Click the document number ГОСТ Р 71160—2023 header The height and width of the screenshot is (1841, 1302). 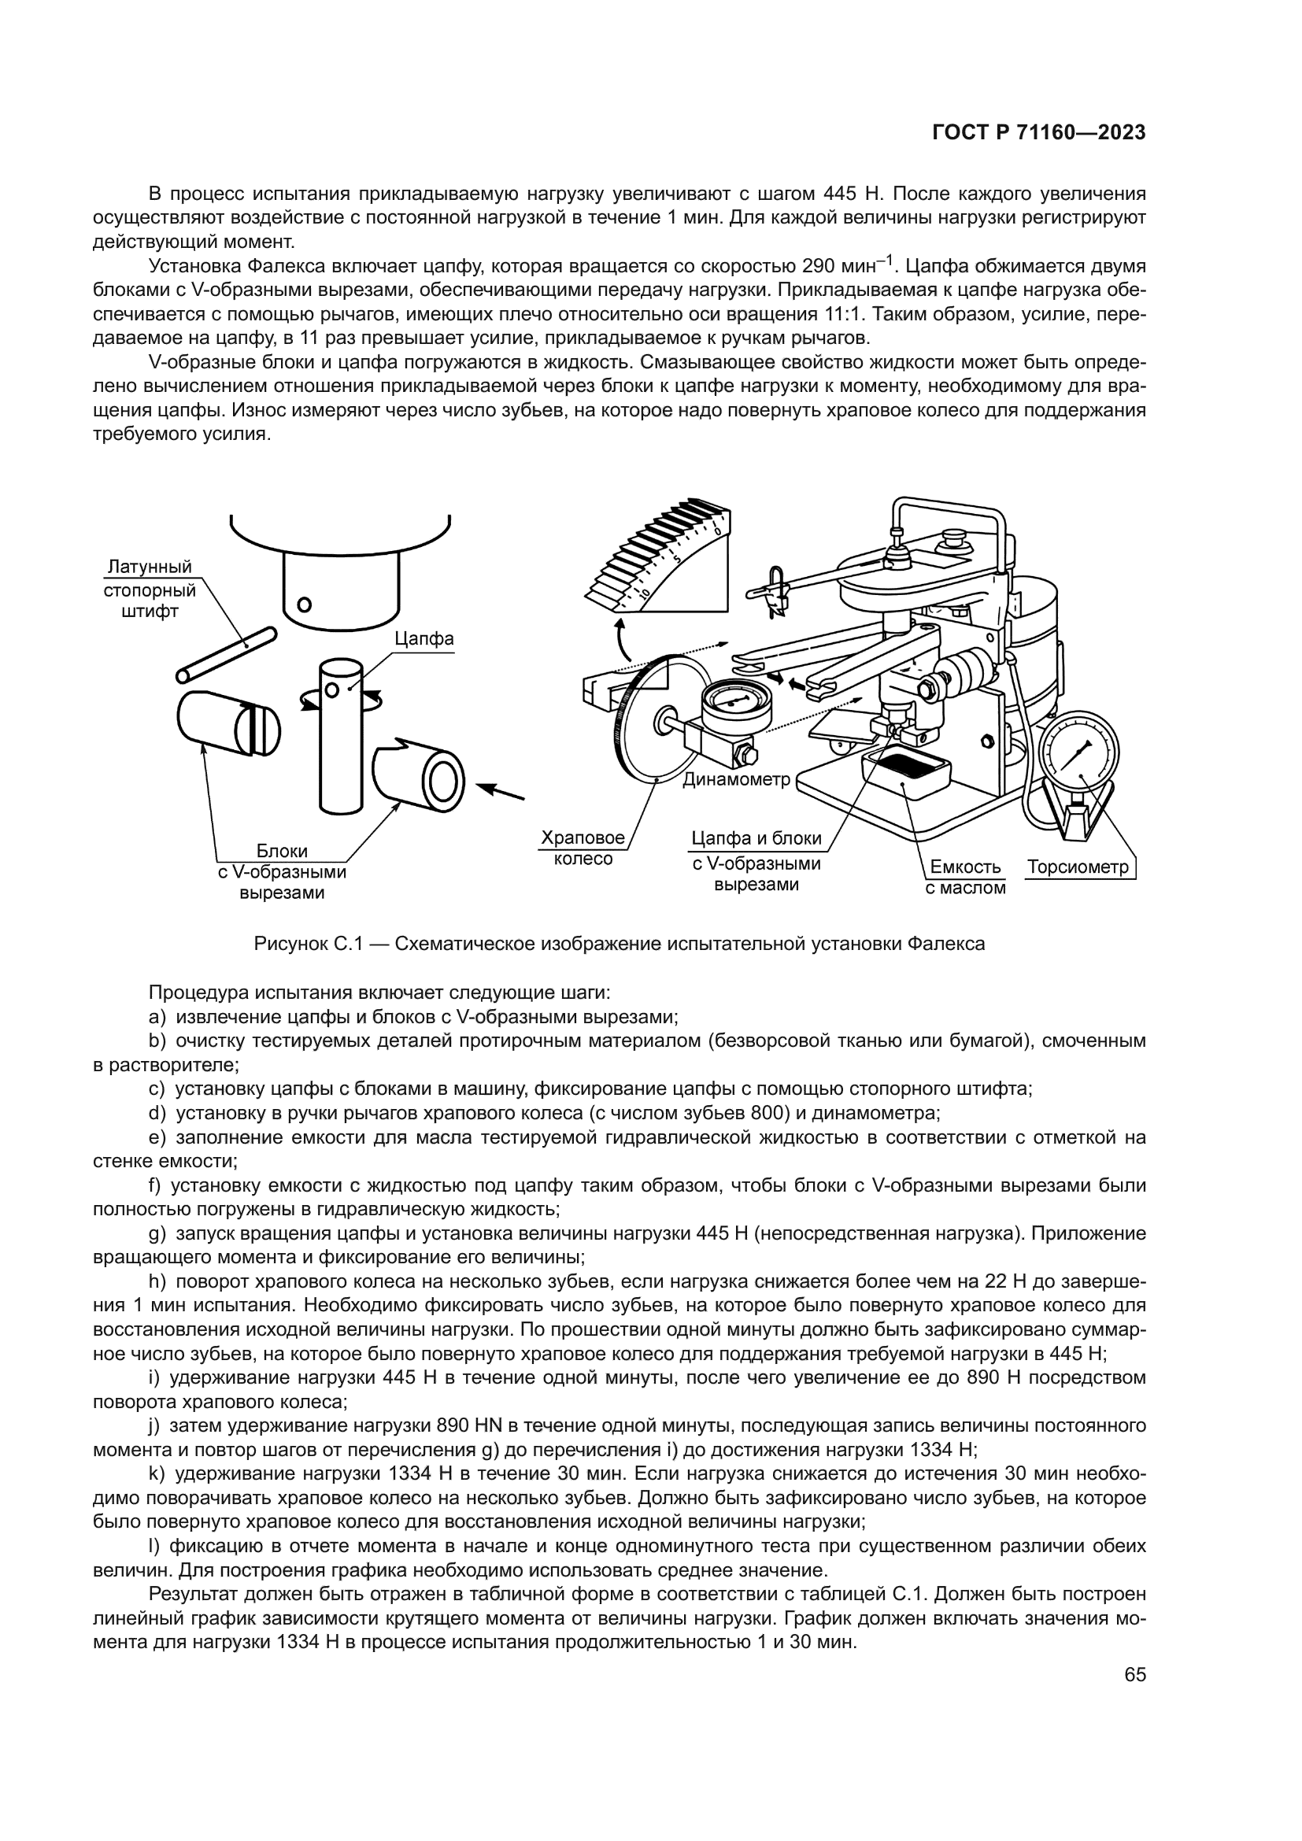pos(1038,133)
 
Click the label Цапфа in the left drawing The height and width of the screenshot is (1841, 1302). pos(424,638)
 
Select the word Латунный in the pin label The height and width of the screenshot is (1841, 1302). pos(150,567)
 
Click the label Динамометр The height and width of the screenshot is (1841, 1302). pos(736,778)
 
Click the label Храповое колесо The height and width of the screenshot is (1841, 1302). pos(583,848)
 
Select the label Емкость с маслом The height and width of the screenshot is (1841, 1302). pos(965,877)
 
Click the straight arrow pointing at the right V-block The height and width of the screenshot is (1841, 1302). pos(502,790)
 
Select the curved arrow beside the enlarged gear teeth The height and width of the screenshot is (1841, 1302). pos(620,638)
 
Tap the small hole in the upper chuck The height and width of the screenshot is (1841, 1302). pos(304,604)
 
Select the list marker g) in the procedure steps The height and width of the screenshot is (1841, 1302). pos(157,1233)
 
